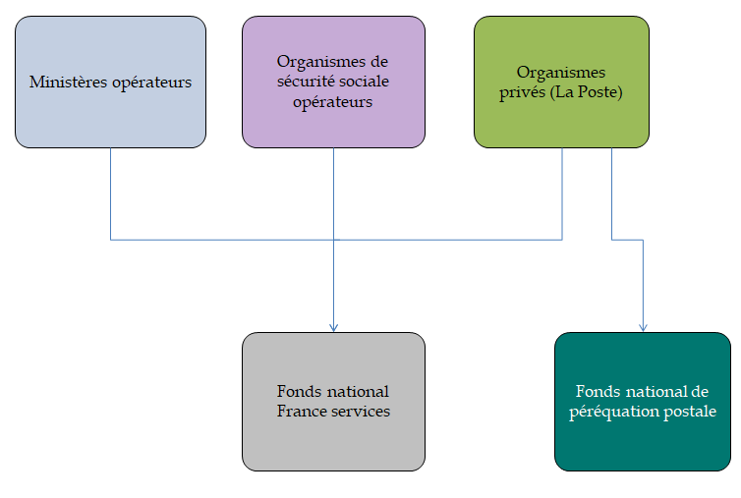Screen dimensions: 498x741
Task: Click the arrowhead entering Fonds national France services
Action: [333, 327]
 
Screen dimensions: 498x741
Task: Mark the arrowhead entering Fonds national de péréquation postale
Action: [644, 327]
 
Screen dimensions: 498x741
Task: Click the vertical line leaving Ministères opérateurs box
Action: [110, 193]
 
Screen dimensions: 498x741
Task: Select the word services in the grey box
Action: [358, 412]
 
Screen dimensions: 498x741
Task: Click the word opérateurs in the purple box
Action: [333, 102]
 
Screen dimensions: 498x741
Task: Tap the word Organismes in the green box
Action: [561, 73]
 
